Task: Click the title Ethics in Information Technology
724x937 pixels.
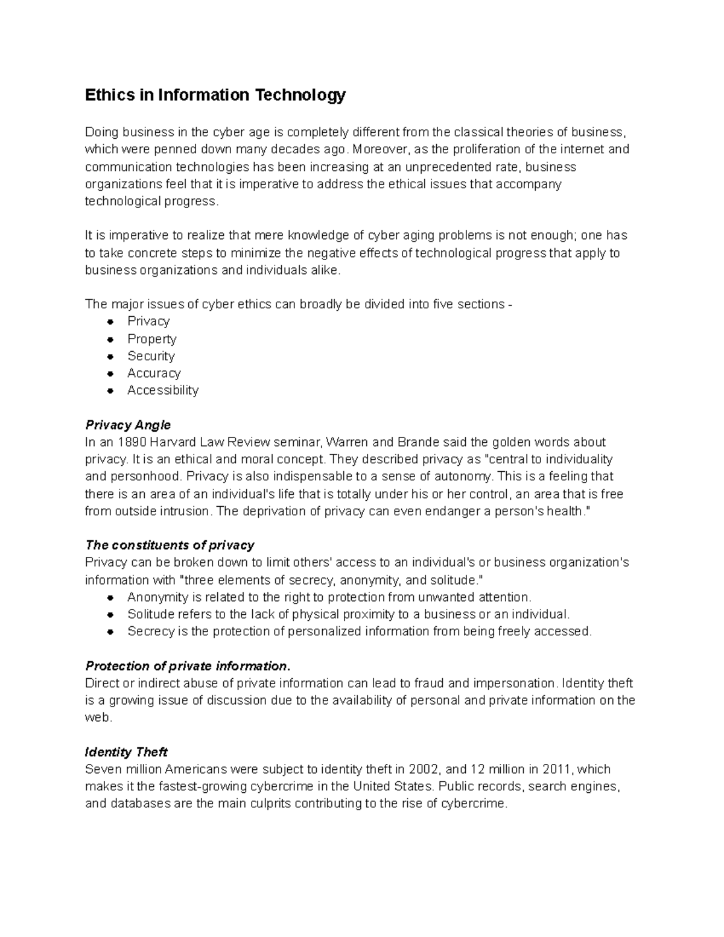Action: point(215,95)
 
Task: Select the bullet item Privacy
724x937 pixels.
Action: point(148,321)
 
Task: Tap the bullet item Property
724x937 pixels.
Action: point(151,338)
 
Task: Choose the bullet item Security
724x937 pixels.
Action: point(151,356)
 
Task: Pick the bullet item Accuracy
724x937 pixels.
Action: point(154,373)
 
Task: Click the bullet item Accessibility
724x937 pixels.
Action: point(162,390)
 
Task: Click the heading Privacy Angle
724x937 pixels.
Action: point(128,425)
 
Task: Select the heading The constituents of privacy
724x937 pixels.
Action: point(170,545)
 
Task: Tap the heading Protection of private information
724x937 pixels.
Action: point(188,666)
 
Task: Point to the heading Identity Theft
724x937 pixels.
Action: point(126,752)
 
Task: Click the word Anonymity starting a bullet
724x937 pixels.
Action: point(157,597)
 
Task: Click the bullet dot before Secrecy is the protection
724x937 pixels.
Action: point(110,632)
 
